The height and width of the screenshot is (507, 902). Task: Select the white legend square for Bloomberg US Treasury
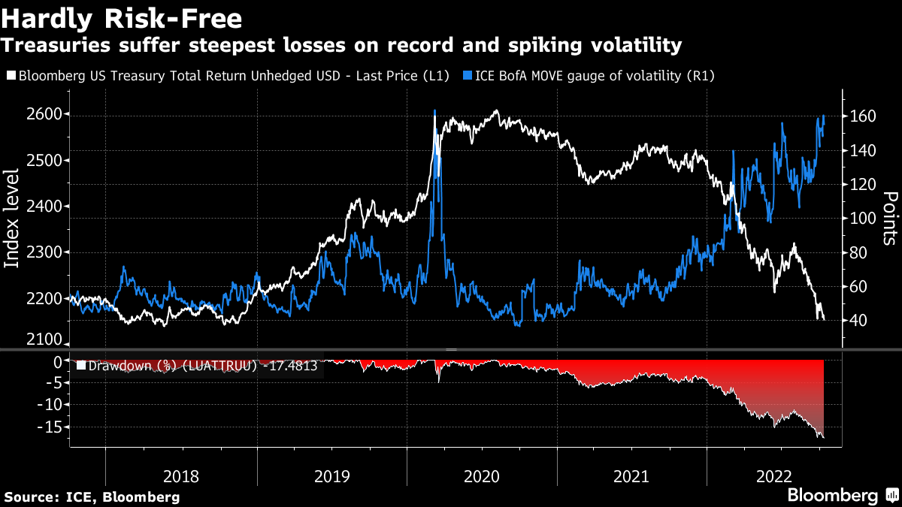[11, 76]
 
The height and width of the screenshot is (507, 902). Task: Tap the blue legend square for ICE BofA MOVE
[468, 76]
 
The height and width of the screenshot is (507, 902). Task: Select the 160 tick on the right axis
[859, 116]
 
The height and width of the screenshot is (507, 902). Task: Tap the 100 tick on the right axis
[859, 219]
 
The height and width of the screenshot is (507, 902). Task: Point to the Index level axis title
[12, 218]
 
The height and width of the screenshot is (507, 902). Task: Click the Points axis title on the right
[890, 218]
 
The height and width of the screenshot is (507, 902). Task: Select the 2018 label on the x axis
[180, 476]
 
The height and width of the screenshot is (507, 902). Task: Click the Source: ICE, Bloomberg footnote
[92, 497]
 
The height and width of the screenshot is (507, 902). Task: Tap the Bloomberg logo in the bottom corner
[842, 496]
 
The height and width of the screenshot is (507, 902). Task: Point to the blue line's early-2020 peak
[434, 111]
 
